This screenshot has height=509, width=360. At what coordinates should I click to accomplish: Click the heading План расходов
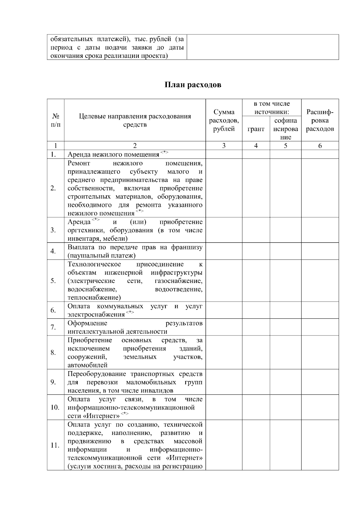point(193,85)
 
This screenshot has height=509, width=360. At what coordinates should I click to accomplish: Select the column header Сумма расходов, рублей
point(224,121)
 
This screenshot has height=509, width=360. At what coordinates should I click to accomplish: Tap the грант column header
point(256,129)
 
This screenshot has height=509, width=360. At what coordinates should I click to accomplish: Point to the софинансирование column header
point(285,129)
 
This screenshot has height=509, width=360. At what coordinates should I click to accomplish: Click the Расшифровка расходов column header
point(320,121)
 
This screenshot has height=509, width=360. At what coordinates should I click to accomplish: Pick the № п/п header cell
point(55,121)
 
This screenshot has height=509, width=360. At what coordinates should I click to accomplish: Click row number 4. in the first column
point(53,251)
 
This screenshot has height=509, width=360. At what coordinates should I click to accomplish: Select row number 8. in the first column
point(53,353)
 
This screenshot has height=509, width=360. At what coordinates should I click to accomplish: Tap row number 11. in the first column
point(55,445)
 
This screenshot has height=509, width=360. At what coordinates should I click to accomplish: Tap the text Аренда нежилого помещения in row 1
point(113,154)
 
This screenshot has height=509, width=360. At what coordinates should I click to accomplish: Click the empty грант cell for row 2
point(256,188)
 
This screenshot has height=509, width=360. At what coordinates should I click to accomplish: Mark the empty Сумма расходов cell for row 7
point(224,327)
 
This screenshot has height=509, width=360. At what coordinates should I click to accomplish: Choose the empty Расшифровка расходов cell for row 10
point(320,407)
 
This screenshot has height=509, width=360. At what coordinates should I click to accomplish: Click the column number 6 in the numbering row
point(320,146)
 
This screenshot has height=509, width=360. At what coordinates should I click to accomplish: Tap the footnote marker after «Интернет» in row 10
point(125,414)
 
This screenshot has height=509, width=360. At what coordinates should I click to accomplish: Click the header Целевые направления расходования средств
point(135,121)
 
